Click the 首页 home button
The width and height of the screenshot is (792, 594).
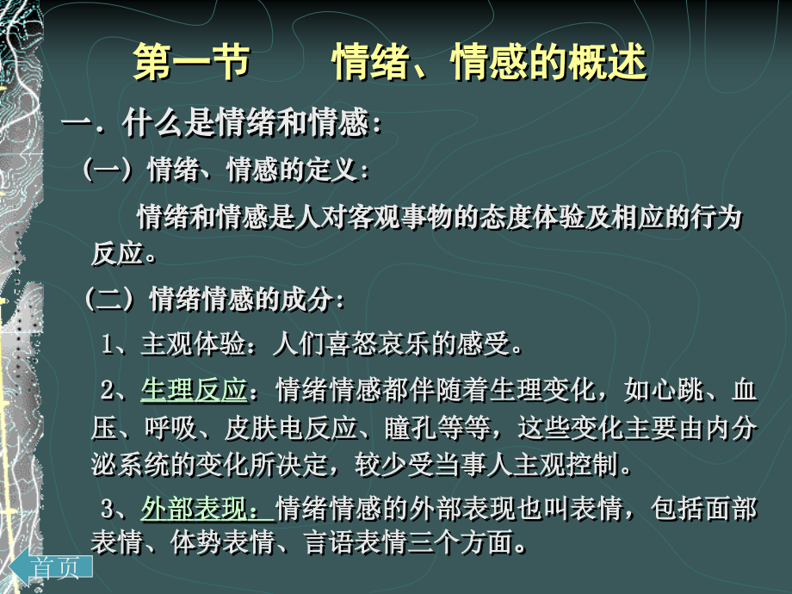point(56,567)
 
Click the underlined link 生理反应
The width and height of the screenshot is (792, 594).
point(194,391)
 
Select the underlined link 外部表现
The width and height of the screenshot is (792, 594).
point(206,509)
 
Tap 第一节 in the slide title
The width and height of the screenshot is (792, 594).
point(191,64)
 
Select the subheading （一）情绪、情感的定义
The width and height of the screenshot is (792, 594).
point(226,170)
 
